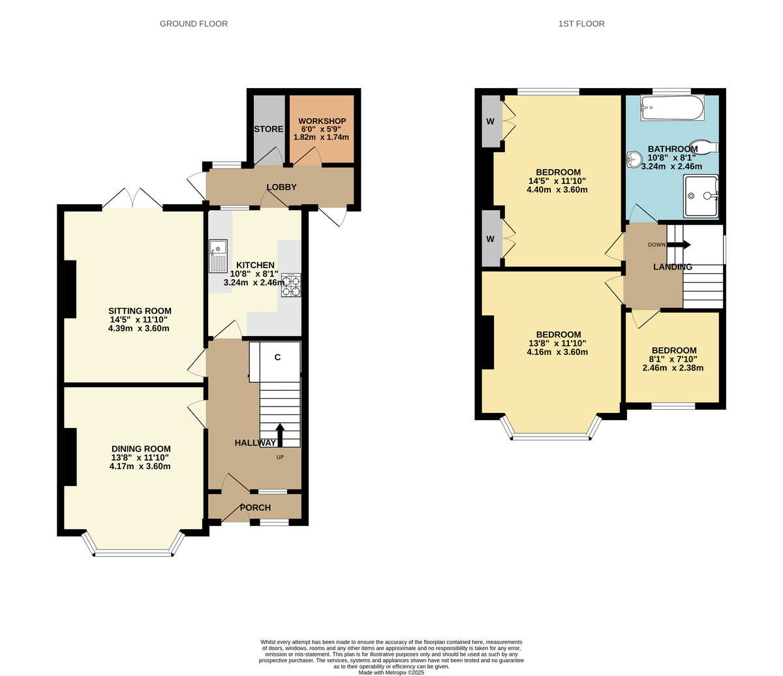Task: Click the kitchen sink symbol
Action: (218, 256)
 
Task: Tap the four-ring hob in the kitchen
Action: (291, 285)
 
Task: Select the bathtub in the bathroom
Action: (672, 108)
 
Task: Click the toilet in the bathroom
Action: (707, 146)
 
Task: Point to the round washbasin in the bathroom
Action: (634, 159)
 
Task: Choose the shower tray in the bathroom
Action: (701, 195)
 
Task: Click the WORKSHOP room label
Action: (322, 121)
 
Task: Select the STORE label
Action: (269, 129)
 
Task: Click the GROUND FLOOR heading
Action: (194, 24)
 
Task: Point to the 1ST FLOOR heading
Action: (581, 24)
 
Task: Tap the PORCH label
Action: (255, 508)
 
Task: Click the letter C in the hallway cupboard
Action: (277, 358)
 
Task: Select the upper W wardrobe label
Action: (490, 122)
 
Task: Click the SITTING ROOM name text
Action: (140, 311)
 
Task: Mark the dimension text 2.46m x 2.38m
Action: (673, 367)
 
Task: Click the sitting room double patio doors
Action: (132, 199)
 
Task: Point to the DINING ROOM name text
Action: (141, 449)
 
